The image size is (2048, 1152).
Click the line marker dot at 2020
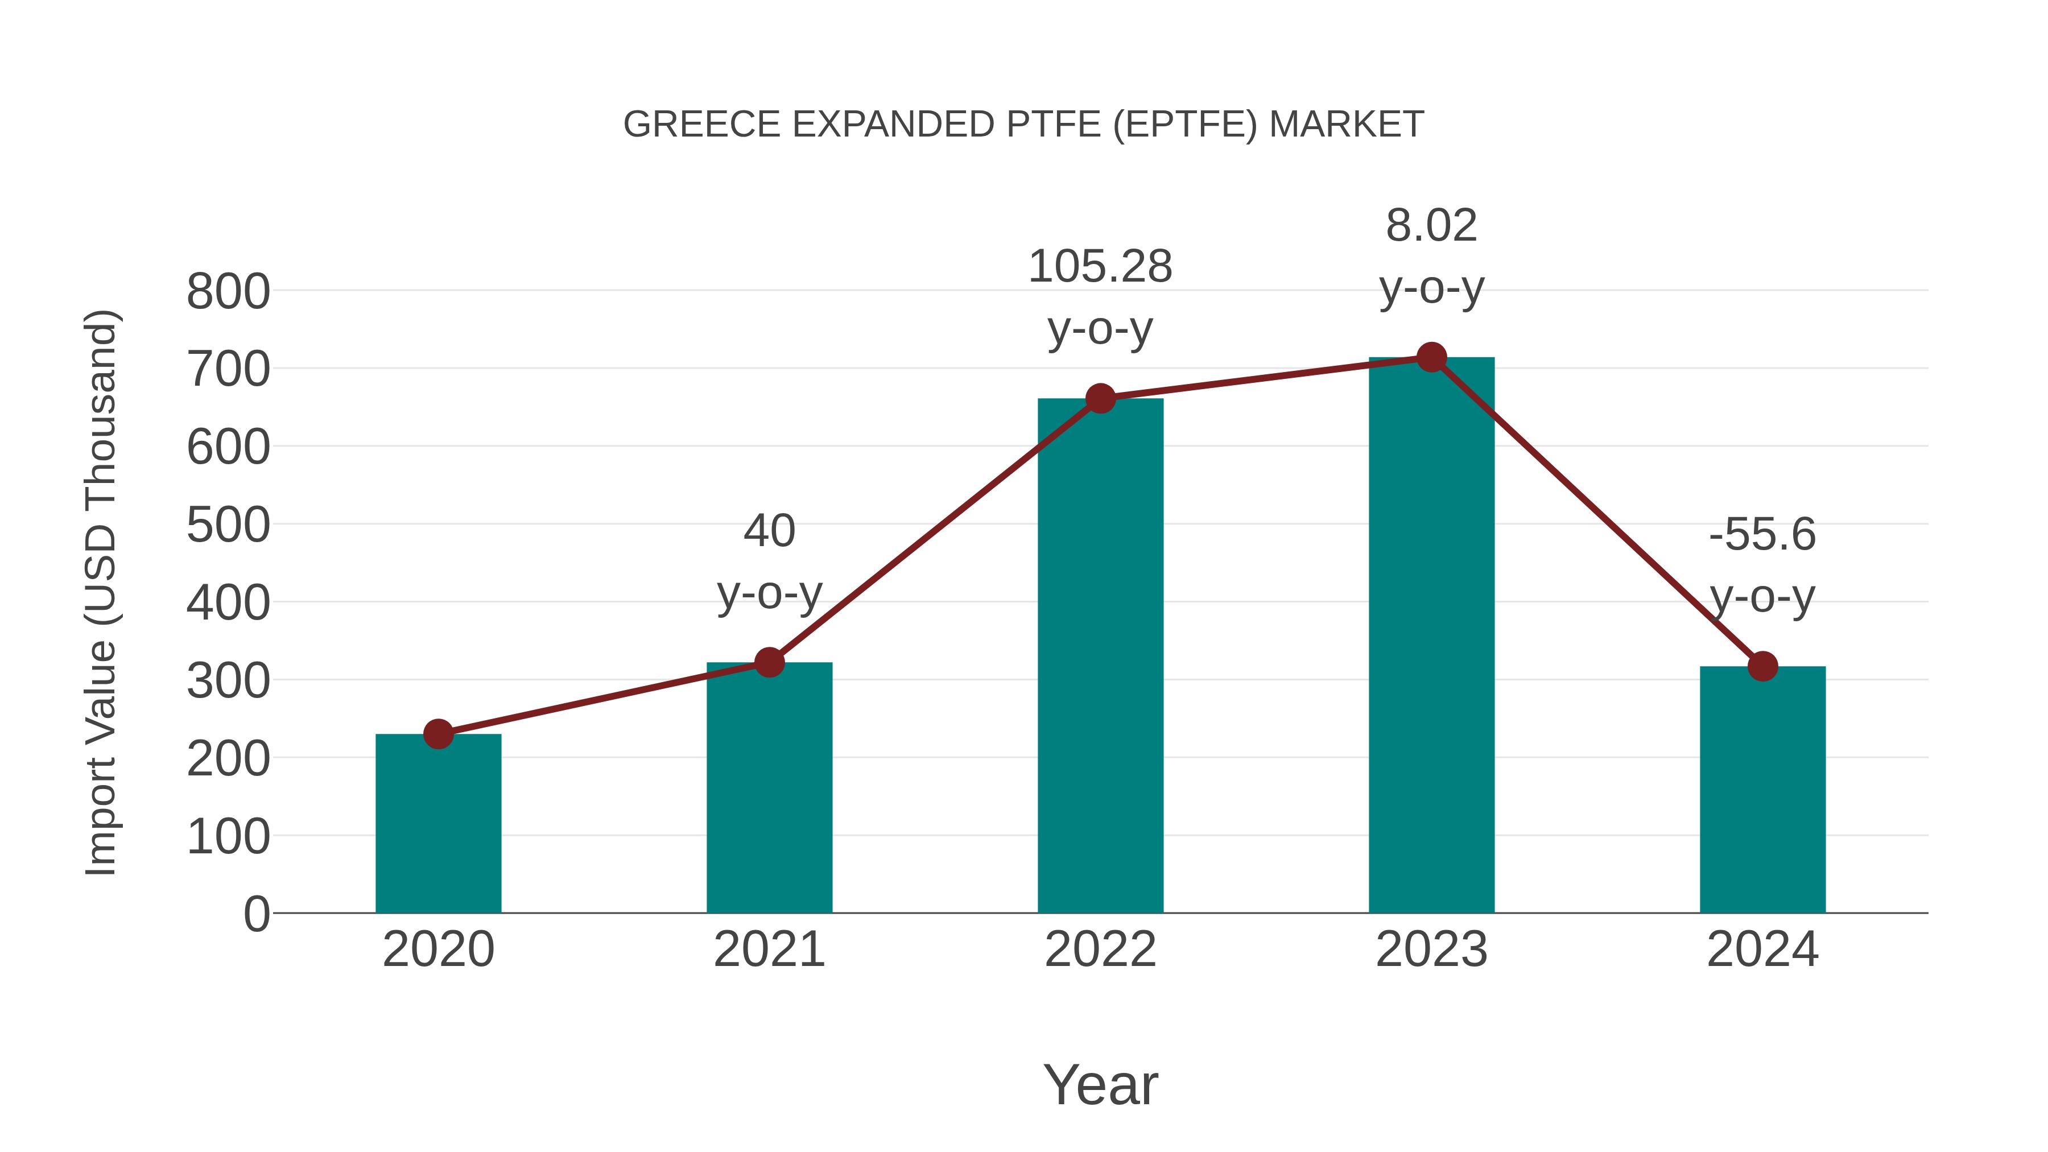click(x=438, y=734)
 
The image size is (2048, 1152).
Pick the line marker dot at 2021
click(x=769, y=662)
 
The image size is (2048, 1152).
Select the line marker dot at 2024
click(x=1762, y=666)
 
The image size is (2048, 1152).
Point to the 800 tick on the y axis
click(x=228, y=292)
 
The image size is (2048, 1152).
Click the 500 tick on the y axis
click(x=228, y=526)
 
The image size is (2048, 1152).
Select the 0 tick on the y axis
click(x=256, y=914)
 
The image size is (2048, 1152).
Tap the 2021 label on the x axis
click(x=769, y=949)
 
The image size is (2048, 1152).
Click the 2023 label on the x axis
click(x=1431, y=949)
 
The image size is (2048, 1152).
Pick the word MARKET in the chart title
click(x=1346, y=125)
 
